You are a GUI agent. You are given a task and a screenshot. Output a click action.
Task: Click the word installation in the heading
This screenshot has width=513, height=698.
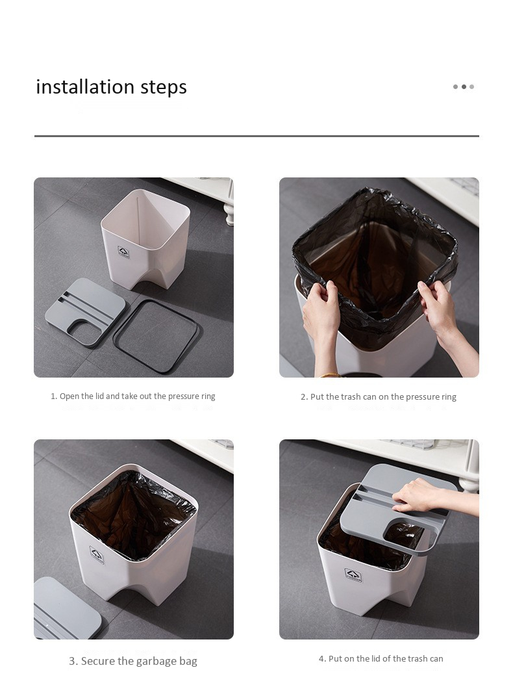pyautogui.click(x=86, y=86)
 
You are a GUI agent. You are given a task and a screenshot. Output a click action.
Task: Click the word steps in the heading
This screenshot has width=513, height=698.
pyautogui.click(x=164, y=87)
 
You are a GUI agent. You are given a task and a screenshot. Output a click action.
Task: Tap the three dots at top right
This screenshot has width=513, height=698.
pyautogui.click(x=464, y=87)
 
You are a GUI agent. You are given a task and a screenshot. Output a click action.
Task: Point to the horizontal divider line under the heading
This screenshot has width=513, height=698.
pyautogui.click(x=256, y=136)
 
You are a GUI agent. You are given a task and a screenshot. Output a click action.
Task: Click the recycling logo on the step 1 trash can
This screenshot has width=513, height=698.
pyautogui.click(x=123, y=252)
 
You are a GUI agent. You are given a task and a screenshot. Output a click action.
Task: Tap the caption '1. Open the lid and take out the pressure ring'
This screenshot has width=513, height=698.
pyautogui.click(x=133, y=396)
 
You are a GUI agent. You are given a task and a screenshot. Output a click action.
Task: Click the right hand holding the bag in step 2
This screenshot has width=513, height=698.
pyautogui.click(x=440, y=307)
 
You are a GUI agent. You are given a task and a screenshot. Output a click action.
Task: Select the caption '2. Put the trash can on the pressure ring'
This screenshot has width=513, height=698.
pyautogui.click(x=379, y=396)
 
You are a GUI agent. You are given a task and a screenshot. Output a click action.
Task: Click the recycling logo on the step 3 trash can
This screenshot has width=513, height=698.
pyautogui.click(x=97, y=554)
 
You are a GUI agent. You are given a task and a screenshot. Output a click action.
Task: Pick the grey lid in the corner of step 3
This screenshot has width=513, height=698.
pyautogui.click(x=67, y=608)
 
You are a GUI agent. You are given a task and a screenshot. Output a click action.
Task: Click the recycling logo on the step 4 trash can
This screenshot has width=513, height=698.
pyautogui.click(x=353, y=575)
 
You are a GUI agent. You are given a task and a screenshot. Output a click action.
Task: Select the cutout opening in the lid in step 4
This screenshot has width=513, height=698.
pyautogui.click(x=405, y=536)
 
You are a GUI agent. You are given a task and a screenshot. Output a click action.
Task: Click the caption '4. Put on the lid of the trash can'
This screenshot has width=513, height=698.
pyautogui.click(x=381, y=659)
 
